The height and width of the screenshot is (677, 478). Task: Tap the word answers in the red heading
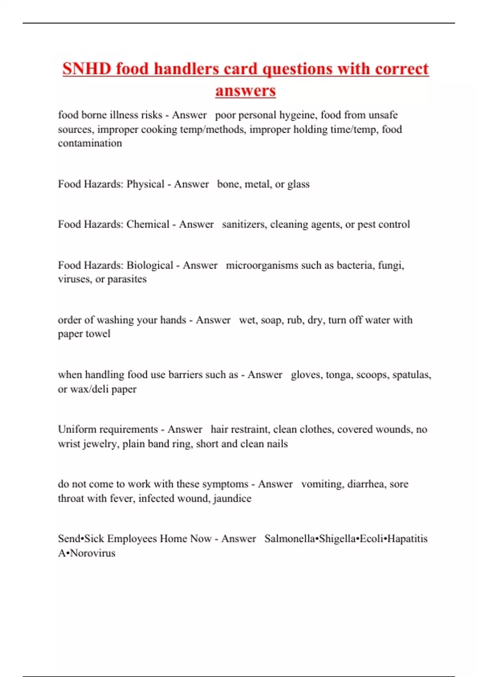(x=245, y=90)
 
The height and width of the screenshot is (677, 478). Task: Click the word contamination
(x=90, y=143)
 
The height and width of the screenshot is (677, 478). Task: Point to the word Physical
(x=145, y=184)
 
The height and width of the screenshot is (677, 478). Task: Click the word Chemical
(x=148, y=224)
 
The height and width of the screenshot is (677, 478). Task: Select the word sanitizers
(x=243, y=224)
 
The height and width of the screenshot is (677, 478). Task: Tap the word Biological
(x=150, y=265)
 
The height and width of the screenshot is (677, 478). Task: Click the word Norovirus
(x=92, y=553)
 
